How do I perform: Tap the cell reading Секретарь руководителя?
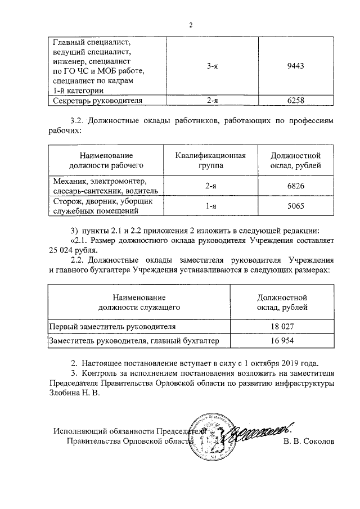pos(96,101)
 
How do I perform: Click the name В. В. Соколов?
pos(309,442)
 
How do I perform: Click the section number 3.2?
pos(79,121)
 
